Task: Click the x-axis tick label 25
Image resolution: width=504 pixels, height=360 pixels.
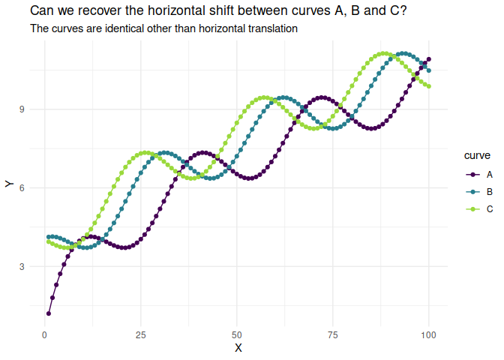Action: pyautogui.click(x=141, y=334)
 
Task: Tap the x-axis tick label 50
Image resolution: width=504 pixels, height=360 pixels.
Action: pyautogui.click(x=237, y=334)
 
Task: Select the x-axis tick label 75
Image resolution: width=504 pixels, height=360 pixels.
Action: pyautogui.click(x=333, y=334)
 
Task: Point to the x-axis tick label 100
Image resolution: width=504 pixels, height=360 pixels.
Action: pyautogui.click(x=429, y=334)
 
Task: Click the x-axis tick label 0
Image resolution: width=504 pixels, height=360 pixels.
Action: pyautogui.click(x=45, y=334)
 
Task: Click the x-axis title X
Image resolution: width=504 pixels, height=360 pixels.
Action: pyautogui.click(x=238, y=348)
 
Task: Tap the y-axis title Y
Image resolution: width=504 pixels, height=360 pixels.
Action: pyautogui.click(x=9, y=184)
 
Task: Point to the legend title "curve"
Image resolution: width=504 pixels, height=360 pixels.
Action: pyautogui.click(x=478, y=155)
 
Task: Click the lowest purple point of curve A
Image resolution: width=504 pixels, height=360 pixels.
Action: pyautogui.click(x=49, y=313)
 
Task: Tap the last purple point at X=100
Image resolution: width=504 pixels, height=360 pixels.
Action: pyautogui.click(x=429, y=59)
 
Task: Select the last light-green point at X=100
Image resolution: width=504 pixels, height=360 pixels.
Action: pyautogui.click(x=429, y=86)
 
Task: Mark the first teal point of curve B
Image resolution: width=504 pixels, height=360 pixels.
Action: pyautogui.click(x=49, y=237)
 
